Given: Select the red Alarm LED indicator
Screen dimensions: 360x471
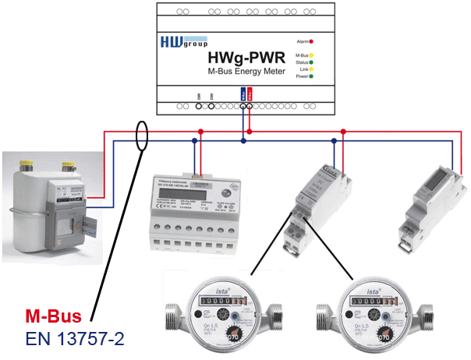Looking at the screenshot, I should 311,41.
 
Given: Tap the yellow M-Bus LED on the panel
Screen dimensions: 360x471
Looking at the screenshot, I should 311,55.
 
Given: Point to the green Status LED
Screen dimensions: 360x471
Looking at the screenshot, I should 311,62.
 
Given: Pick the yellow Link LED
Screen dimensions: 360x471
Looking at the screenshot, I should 311,69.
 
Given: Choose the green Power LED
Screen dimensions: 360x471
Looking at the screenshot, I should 311,76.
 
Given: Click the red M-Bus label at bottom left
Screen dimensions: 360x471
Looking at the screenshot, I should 53,317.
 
